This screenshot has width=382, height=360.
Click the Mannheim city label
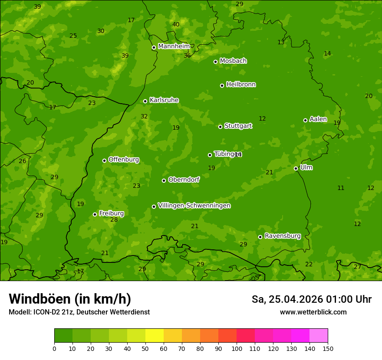coord(174,46)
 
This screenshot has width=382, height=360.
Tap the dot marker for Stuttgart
coord(220,127)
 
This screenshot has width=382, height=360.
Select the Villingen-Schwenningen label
coord(194,206)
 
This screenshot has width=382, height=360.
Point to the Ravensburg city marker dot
coord(260,237)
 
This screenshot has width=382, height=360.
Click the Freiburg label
coord(111,213)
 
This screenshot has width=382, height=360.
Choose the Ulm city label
coord(306,167)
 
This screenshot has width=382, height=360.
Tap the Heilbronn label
coord(241,85)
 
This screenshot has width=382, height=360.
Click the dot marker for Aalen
coord(305,120)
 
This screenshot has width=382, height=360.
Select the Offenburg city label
coord(124,160)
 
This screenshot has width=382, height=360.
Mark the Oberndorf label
coord(184,180)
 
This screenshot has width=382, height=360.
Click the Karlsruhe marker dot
coord(145,101)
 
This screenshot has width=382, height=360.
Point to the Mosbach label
coord(233,61)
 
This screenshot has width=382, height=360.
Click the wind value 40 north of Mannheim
coord(175,24)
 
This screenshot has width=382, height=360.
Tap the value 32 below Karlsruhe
coord(144,116)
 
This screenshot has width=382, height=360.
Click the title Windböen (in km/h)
coord(70,299)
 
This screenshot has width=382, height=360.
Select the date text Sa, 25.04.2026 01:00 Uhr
coord(311,299)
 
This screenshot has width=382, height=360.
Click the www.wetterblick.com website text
coord(313,312)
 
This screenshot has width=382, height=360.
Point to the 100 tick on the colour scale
coord(237,348)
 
